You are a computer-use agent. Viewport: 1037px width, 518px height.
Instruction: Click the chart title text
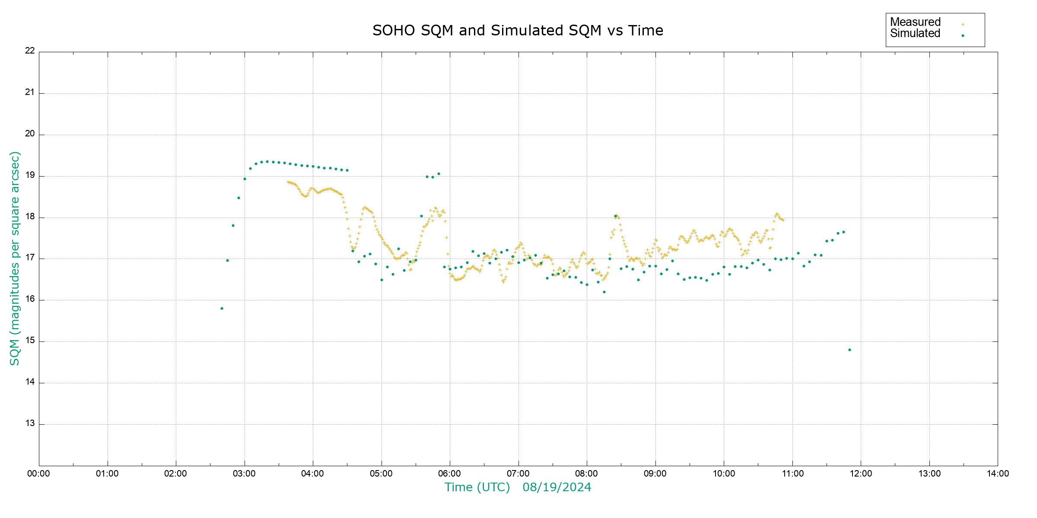(x=518, y=31)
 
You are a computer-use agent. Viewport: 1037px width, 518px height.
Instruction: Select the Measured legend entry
(x=915, y=22)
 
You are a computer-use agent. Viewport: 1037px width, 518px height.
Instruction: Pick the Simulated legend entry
(x=915, y=34)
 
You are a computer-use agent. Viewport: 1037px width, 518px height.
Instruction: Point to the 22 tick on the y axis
(x=30, y=51)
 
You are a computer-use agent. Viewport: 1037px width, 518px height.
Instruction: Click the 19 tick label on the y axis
(x=30, y=175)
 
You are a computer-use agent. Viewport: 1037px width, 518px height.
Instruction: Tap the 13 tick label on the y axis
(x=30, y=423)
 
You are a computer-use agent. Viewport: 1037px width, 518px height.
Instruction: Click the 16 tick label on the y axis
(x=30, y=299)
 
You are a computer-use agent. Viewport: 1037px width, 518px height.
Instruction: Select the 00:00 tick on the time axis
(x=39, y=474)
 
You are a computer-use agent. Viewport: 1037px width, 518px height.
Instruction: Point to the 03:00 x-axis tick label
(x=244, y=474)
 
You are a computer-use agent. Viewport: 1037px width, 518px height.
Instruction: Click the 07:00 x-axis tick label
(x=518, y=474)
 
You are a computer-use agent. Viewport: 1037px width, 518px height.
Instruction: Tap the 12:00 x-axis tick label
(x=861, y=474)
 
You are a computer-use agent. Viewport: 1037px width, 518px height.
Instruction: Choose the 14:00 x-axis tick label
(x=998, y=474)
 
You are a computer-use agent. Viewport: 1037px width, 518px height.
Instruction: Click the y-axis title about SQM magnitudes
(x=15, y=258)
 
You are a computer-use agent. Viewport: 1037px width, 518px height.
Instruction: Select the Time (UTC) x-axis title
(x=477, y=487)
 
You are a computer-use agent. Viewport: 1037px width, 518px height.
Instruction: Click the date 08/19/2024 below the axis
(x=557, y=487)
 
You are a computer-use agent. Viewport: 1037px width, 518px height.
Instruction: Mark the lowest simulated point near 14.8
(x=849, y=350)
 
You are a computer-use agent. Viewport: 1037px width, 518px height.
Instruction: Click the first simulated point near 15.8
(x=222, y=308)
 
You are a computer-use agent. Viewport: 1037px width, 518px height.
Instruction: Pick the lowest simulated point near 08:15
(x=604, y=292)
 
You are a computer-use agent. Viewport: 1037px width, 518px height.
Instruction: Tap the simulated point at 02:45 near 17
(x=227, y=260)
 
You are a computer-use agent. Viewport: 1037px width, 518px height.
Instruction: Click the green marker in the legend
(x=963, y=35)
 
